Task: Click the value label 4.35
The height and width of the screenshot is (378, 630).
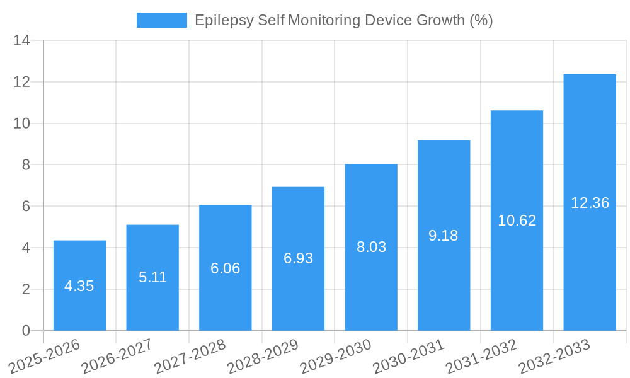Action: pyautogui.click(x=79, y=286)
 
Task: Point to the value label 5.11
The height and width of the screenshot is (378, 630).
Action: pyautogui.click(x=152, y=277)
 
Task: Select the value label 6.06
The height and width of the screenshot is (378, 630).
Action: pyautogui.click(x=225, y=268)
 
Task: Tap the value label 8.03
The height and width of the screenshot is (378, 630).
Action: pyautogui.click(x=371, y=247)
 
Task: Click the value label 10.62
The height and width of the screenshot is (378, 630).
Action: pyautogui.click(x=517, y=220)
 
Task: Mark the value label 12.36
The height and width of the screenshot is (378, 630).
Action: pyautogui.click(x=590, y=203)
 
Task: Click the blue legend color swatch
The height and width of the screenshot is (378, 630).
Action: pyautogui.click(x=162, y=20)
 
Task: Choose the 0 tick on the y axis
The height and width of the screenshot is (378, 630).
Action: pyautogui.click(x=26, y=331)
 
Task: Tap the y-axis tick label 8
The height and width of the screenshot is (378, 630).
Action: pyautogui.click(x=26, y=165)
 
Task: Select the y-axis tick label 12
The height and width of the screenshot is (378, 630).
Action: pyautogui.click(x=22, y=83)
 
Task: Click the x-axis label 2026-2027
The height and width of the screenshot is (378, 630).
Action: pyautogui.click(x=117, y=357)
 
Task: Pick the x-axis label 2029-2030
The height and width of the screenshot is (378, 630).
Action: pyautogui.click(x=336, y=357)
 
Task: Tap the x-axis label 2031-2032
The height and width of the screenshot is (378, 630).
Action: pyautogui.click(x=481, y=357)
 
